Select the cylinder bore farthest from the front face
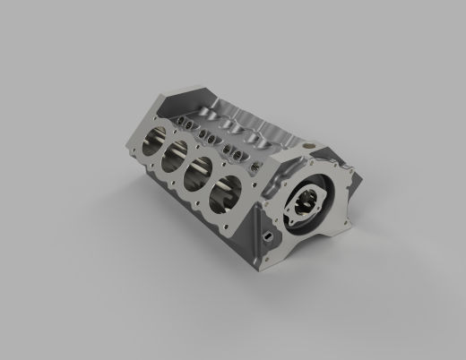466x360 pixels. click(x=153, y=141)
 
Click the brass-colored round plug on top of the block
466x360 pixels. click(x=308, y=144)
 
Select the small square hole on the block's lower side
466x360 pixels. click(x=266, y=235)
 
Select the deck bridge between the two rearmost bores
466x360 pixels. click(x=164, y=149)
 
